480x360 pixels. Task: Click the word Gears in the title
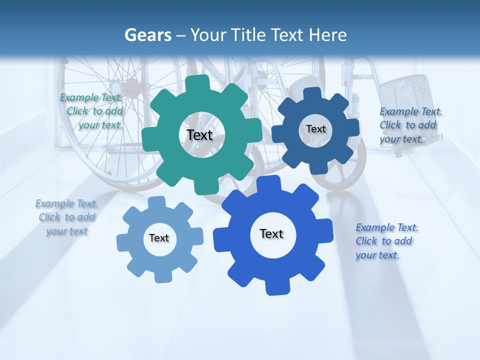[x=148, y=35]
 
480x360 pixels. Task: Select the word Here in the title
[x=328, y=35]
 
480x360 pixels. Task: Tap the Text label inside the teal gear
[x=199, y=135]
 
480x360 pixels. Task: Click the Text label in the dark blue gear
[x=315, y=129]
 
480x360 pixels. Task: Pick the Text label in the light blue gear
[x=159, y=238]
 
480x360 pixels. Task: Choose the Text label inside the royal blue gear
[x=271, y=233]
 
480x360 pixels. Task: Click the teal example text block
[x=92, y=111]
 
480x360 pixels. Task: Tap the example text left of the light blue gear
[x=67, y=217]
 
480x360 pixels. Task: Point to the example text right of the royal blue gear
[x=386, y=241]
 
